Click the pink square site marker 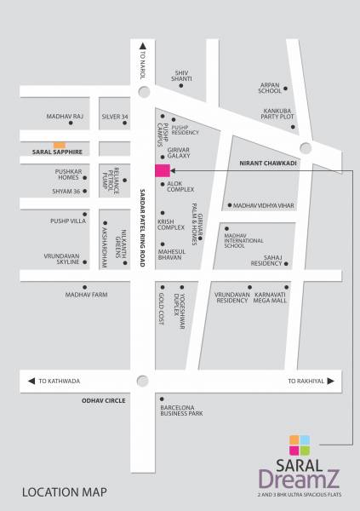click(162, 170)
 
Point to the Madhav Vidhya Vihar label click(265, 205)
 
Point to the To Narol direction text click(144, 64)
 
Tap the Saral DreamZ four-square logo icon click(300, 445)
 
